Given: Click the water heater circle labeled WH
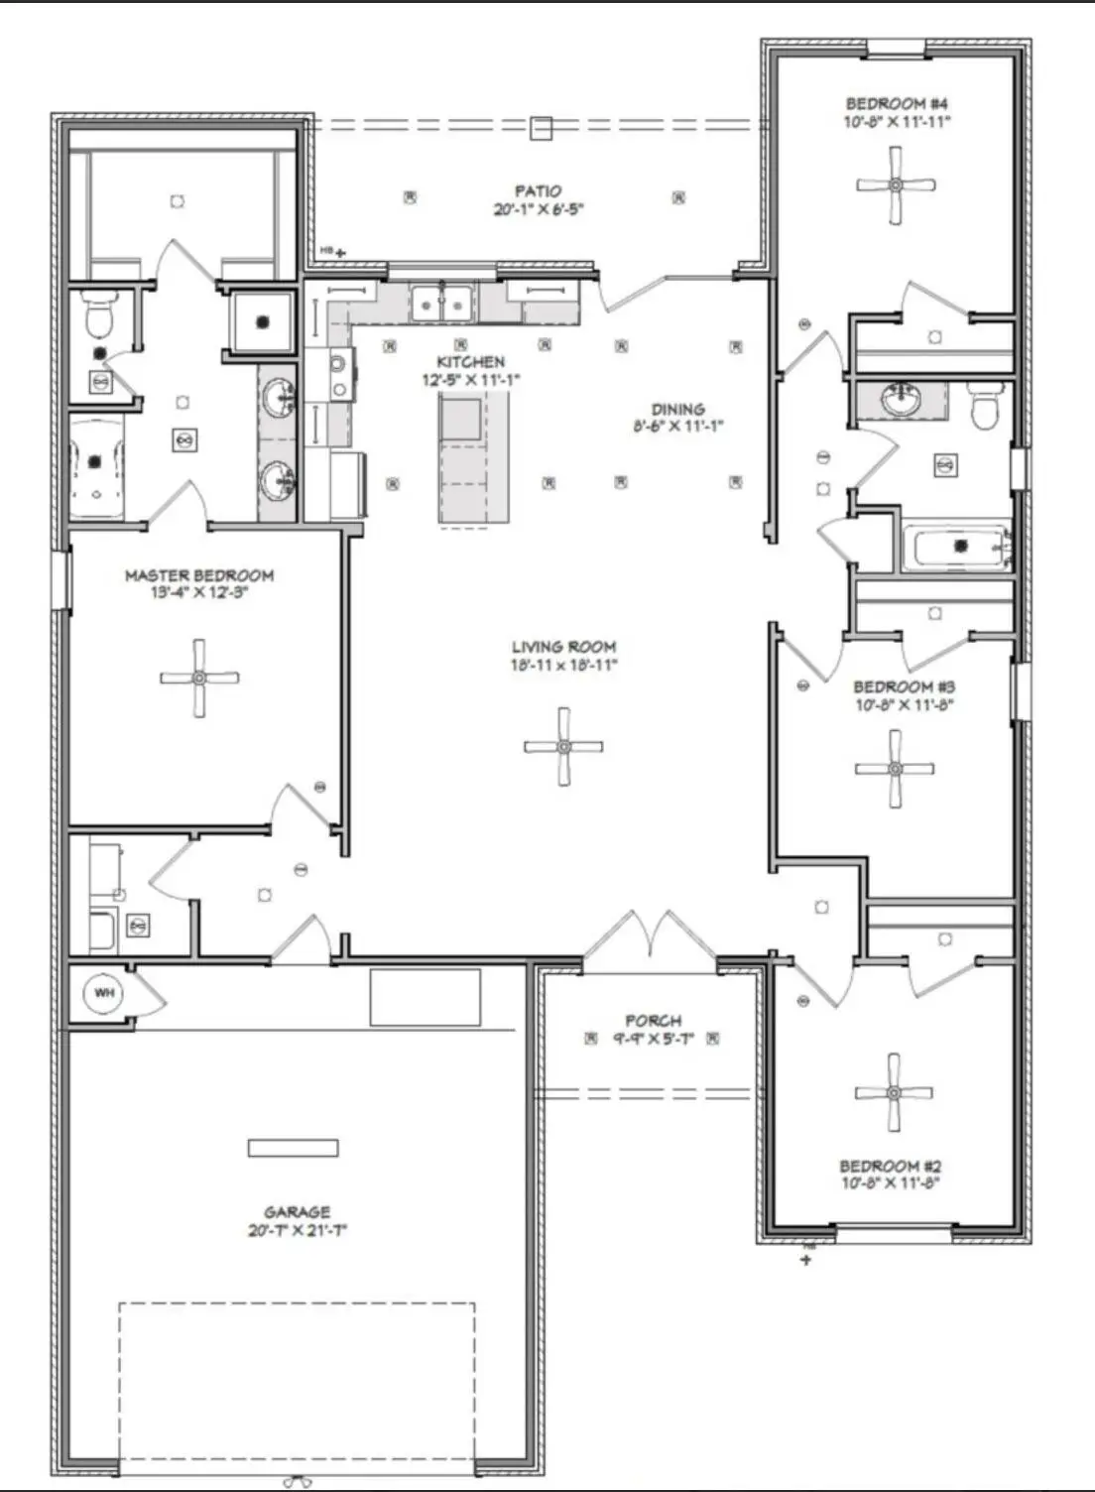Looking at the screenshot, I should tap(103, 992).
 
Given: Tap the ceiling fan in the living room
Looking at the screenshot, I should tap(563, 746).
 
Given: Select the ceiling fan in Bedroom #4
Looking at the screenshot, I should tap(897, 185).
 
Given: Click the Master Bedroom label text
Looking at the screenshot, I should tap(199, 575).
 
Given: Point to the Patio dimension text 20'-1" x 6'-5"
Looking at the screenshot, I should tap(537, 210).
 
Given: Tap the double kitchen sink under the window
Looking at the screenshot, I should tap(442, 301).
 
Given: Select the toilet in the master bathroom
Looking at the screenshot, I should tap(98, 316).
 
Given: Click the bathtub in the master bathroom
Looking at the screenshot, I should tap(96, 465).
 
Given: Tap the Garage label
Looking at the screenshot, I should tap(297, 1212).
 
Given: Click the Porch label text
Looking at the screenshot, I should tap(653, 1021).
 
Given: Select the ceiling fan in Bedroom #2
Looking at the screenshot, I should tap(894, 1092).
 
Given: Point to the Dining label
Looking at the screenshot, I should tap(678, 409).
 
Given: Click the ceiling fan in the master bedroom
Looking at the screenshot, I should tap(199, 679).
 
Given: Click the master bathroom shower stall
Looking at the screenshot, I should tap(262, 321).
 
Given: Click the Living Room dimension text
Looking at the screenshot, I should tap(563, 666).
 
